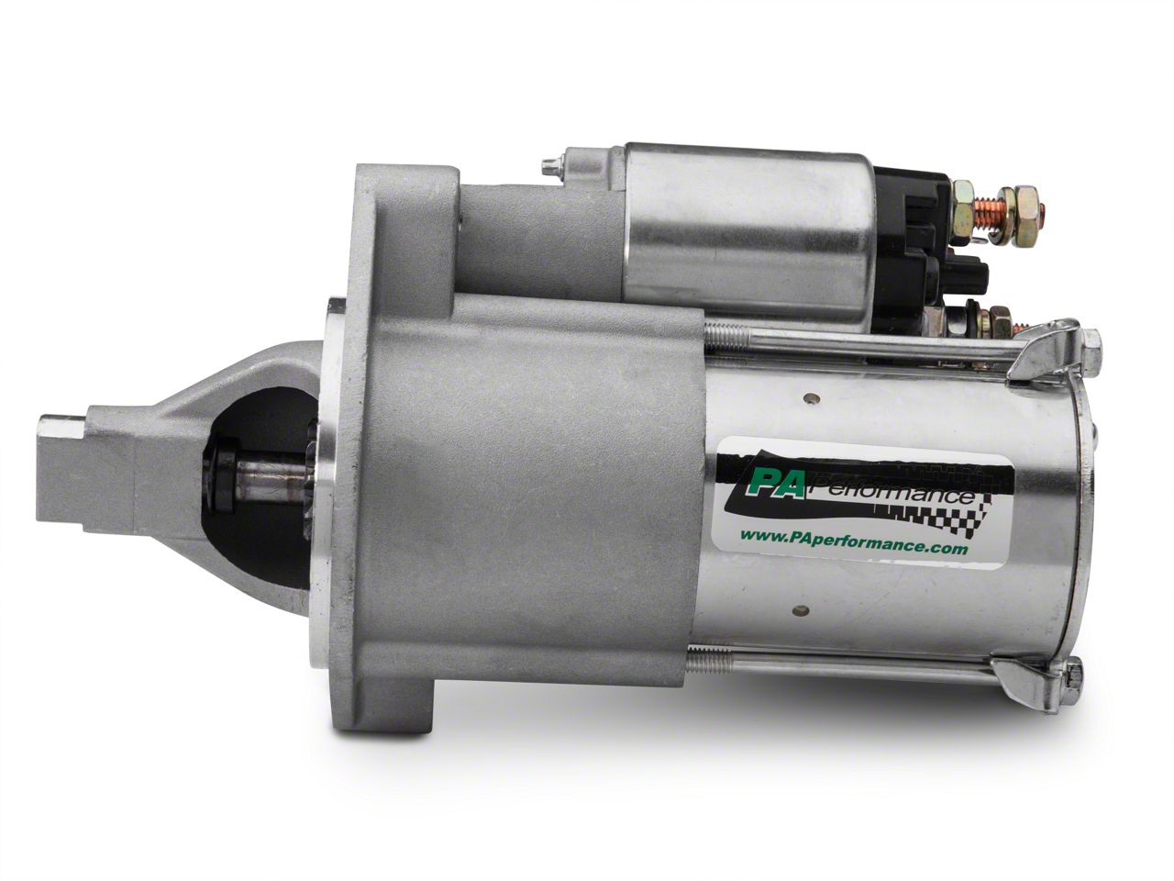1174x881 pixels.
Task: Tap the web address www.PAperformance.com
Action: click(853, 547)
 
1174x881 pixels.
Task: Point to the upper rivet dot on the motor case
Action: click(814, 397)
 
